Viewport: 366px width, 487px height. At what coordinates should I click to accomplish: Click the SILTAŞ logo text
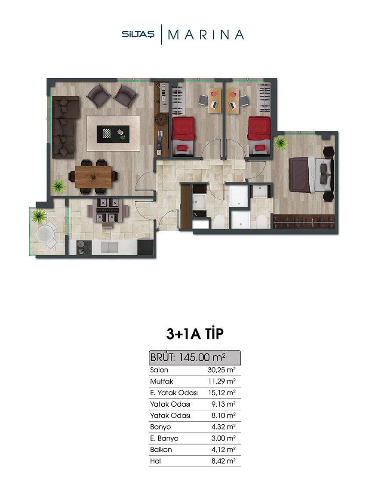point(138,34)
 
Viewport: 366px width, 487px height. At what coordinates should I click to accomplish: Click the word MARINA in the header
point(206,35)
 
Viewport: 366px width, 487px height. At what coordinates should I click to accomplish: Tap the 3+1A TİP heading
point(195,334)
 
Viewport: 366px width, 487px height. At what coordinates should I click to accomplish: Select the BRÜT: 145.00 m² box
point(195,357)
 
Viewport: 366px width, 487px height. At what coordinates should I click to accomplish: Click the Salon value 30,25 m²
point(221,370)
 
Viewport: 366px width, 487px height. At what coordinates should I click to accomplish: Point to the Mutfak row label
point(161,381)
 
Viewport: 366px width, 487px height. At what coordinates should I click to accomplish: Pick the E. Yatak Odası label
point(174,393)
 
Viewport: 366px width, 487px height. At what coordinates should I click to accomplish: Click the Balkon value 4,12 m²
point(223,449)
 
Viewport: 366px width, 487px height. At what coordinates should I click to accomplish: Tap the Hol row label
point(156,461)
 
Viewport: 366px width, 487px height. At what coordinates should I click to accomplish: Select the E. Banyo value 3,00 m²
point(223,438)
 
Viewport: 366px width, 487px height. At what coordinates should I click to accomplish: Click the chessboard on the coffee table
point(107,134)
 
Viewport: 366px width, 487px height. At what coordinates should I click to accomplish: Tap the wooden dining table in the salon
point(93,177)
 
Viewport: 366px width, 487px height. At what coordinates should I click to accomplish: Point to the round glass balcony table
point(46,234)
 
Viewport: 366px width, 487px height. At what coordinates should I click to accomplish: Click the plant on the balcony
point(39,216)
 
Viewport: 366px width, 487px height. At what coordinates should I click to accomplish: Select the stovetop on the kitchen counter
point(84,247)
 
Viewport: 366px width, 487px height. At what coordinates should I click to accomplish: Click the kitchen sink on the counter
point(109,247)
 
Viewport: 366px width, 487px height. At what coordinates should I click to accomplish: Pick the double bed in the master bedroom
point(311,174)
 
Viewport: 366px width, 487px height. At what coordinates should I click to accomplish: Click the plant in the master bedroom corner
point(281,143)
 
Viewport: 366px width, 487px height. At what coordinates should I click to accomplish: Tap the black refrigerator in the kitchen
point(145,247)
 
